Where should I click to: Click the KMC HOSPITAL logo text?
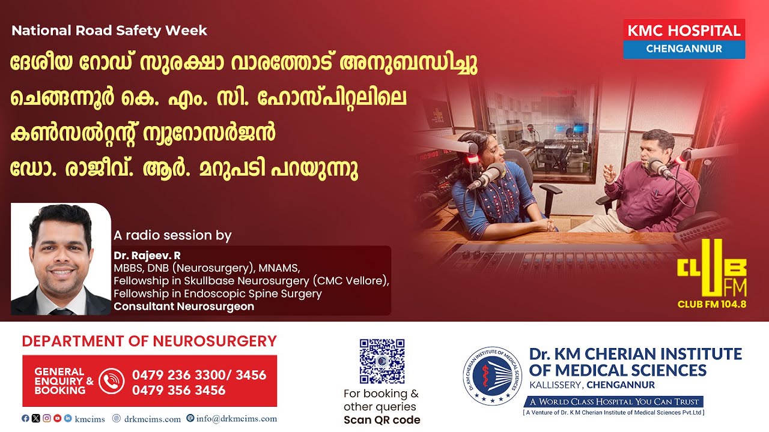684,31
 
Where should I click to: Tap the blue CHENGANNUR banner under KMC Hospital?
684,49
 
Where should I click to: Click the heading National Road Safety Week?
109,31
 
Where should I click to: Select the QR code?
381,361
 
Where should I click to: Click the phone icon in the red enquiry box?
111,380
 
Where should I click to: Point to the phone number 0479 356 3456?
178,390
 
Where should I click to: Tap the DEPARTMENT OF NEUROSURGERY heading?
150,341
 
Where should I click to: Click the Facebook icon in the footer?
25,418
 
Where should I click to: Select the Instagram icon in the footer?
47,418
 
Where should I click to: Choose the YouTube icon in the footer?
57,418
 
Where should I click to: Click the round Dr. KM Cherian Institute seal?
492,376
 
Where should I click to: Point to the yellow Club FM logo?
712,268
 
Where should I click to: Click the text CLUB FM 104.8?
712,304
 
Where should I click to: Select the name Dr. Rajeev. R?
147,256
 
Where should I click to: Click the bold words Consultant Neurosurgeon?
184,306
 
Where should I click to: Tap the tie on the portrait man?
61,311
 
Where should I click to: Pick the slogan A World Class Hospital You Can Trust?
614,401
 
